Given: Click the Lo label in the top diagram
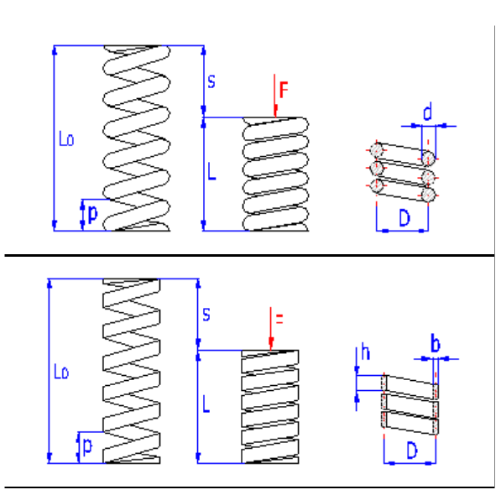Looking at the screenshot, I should pyautogui.click(x=66, y=139).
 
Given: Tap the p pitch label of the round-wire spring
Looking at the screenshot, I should pyautogui.click(x=92, y=213).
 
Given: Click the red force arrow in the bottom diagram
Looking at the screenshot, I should pyautogui.click(x=270, y=331).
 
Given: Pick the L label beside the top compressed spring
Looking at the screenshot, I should pyautogui.click(x=212, y=172).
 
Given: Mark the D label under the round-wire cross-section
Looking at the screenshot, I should pyautogui.click(x=404, y=219).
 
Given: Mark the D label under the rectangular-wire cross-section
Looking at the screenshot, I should pyautogui.click(x=411, y=451).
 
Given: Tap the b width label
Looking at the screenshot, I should pyautogui.click(x=435, y=344).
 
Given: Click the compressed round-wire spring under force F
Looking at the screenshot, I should pyautogui.click(x=276, y=174).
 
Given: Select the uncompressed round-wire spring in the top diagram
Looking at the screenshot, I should pyautogui.click(x=137, y=138).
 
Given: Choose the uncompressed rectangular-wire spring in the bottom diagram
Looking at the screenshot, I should pyautogui.click(x=131, y=370).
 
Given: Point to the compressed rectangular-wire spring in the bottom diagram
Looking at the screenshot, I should pyautogui.click(x=270, y=406).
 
